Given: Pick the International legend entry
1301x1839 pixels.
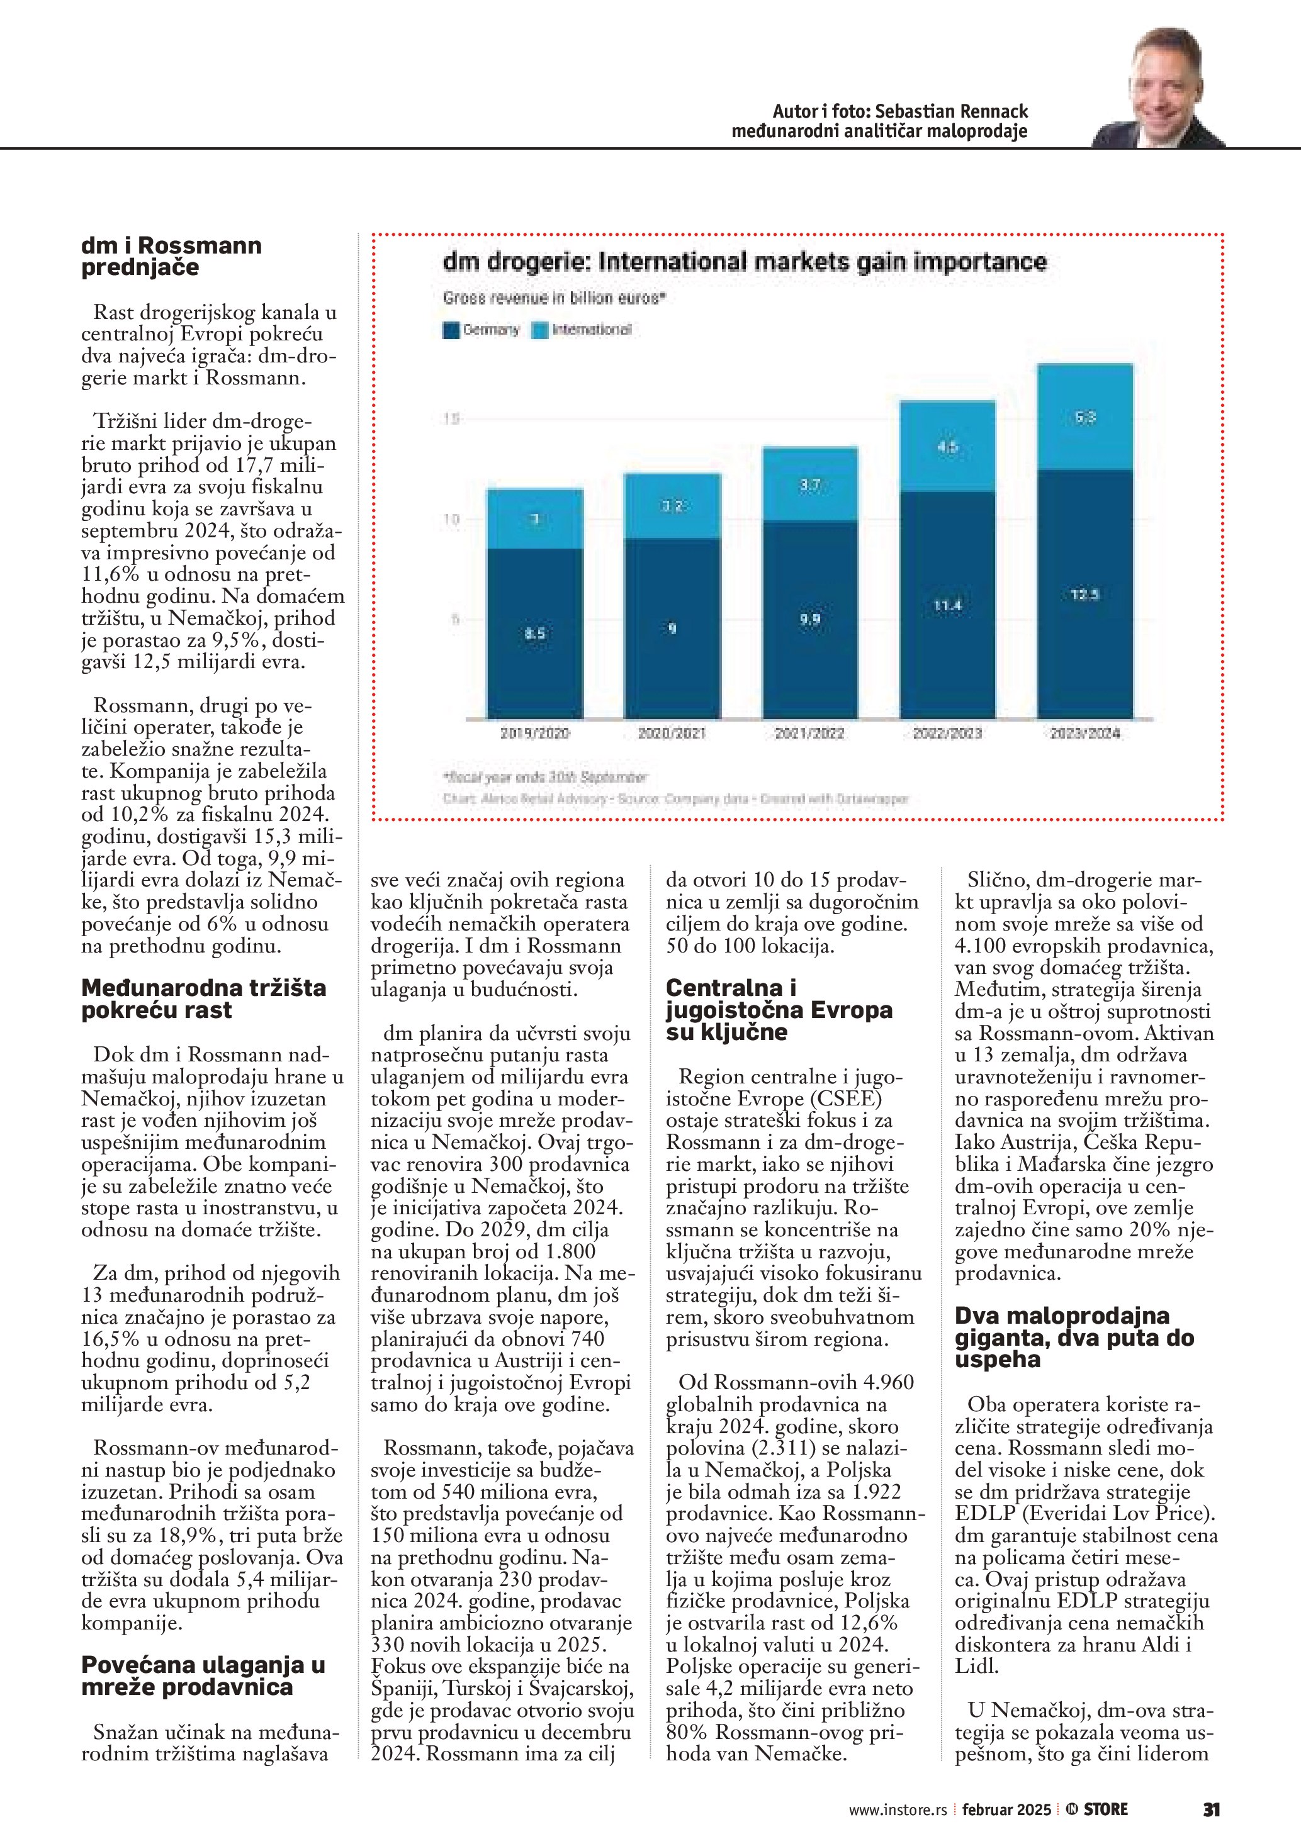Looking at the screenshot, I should [582, 329].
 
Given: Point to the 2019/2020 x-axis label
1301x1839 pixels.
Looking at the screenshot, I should [534, 733].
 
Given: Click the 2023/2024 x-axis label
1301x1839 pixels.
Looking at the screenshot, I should [1084, 733].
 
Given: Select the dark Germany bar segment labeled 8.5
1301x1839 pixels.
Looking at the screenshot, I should [534, 633].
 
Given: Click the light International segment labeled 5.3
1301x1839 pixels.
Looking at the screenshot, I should [1084, 417].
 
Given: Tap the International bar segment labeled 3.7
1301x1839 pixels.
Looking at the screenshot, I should [810, 484].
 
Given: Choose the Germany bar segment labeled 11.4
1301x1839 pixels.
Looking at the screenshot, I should [948, 605].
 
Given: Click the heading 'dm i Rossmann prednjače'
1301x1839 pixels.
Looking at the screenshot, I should [171, 256].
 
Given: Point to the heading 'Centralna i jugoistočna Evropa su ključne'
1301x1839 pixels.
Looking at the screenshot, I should [779, 1009].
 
